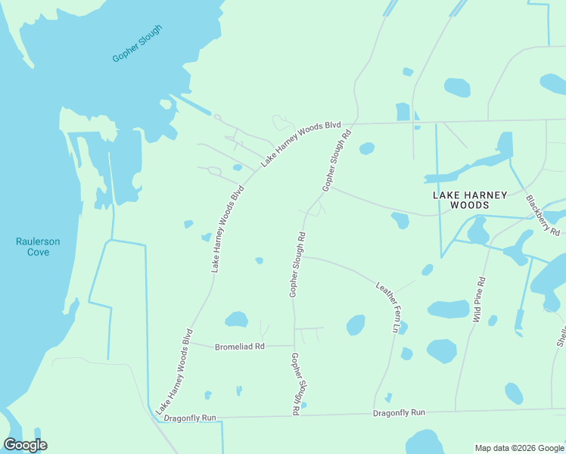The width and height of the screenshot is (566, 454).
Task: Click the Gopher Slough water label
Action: pos(137,44)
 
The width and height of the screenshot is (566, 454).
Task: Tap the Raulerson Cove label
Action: pos(38,247)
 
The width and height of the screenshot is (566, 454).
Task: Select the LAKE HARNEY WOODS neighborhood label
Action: pos(469,200)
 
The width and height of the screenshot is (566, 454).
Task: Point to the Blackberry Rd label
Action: pos(543,215)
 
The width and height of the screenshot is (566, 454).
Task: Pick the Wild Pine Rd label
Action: pos(480,300)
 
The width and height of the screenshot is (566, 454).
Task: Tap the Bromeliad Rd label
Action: pos(240,347)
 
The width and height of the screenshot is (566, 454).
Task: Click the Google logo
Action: pos(26,444)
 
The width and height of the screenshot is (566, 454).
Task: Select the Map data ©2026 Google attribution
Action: pos(519,448)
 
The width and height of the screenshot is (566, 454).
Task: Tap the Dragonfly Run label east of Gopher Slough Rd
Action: pos(400,412)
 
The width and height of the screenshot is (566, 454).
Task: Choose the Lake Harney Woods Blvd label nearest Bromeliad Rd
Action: pos(175,372)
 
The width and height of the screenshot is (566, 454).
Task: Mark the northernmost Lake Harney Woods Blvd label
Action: pos(301,143)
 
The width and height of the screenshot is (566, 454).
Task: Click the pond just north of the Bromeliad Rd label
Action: pos(237,319)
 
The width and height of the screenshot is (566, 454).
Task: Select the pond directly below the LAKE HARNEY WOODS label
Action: pos(400,221)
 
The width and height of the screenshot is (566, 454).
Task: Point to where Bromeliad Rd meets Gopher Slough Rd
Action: pos(294,346)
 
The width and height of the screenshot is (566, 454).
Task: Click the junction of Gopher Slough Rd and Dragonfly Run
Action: pos(295,415)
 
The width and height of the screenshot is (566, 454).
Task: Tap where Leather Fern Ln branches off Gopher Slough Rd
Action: pos(303,256)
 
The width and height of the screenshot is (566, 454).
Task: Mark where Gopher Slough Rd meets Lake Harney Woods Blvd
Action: pos(353,123)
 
